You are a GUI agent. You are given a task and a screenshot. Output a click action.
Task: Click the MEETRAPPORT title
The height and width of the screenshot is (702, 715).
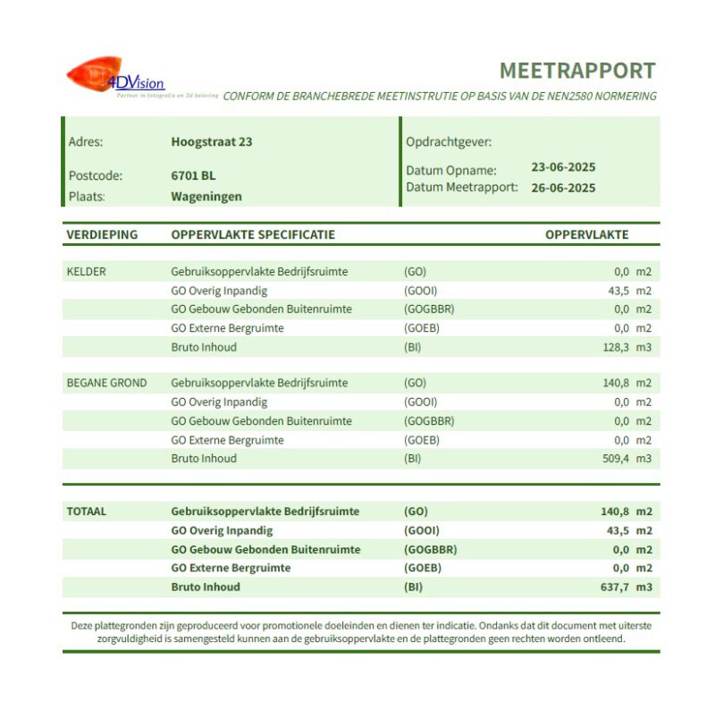point(576,71)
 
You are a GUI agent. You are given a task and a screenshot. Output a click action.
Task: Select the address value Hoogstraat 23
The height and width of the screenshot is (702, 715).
point(211,141)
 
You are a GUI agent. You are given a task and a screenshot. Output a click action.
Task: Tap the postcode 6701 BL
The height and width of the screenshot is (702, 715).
point(193,175)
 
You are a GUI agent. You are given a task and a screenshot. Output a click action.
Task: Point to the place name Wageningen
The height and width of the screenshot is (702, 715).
point(206,196)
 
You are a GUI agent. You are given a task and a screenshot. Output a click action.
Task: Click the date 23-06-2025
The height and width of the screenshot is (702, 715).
point(563,167)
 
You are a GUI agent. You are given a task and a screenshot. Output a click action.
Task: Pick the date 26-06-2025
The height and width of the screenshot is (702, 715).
point(563,188)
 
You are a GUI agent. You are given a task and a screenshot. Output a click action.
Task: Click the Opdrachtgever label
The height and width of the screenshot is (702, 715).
point(449,141)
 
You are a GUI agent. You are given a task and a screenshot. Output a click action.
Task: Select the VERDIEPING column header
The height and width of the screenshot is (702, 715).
point(102,235)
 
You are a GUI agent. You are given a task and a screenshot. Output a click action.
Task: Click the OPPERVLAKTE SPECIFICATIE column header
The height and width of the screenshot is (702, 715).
point(253,235)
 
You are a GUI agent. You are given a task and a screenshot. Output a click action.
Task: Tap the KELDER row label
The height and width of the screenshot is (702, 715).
point(86,271)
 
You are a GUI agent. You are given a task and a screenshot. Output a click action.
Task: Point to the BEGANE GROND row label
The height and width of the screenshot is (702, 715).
point(106,383)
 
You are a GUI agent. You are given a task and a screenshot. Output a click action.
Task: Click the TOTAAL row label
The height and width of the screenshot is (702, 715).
point(86,512)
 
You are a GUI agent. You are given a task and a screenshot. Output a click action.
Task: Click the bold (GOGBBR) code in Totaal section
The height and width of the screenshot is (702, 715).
point(430,549)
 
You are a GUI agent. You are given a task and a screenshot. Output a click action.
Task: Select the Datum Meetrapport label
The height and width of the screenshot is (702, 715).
point(461,188)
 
